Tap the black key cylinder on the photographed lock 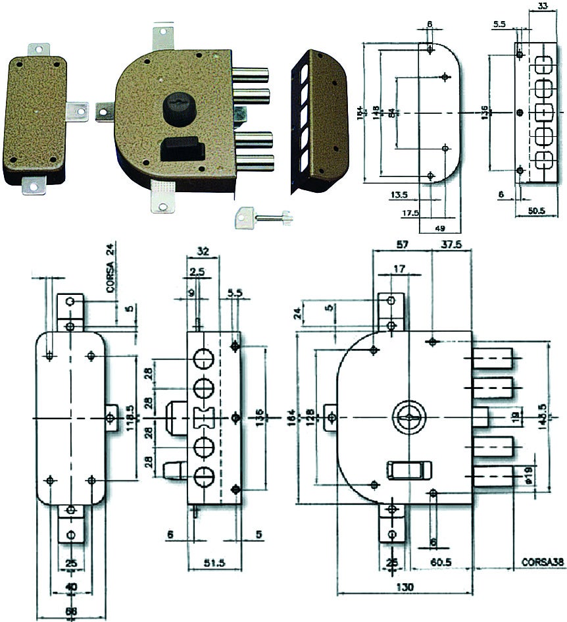tap(176, 107)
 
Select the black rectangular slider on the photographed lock tap(181, 145)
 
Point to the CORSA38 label tap(541, 563)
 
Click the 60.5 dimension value tap(441, 563)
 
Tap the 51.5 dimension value tap(211, 563)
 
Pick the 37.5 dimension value tap(453, 244)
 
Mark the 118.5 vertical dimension tap(130, 418)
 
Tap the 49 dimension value tap(439, 228)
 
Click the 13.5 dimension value tap(399, 195)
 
